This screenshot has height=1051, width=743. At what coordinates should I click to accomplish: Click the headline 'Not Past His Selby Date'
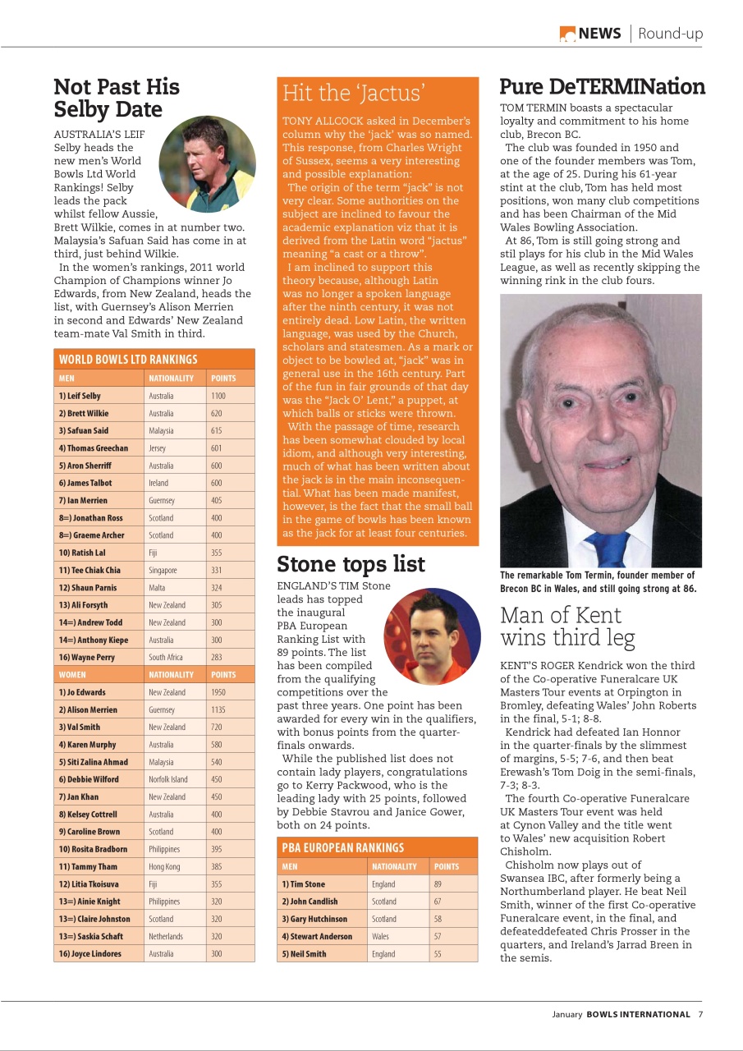pos(116,98)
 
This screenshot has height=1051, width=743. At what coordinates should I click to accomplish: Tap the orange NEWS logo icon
pos(567,34)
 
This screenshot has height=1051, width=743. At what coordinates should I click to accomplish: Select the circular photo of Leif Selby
pos(207,164)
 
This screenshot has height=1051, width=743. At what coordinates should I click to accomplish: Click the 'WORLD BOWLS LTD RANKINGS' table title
pos(128,360)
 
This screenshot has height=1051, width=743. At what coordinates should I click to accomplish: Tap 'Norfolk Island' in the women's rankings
pos(168,779)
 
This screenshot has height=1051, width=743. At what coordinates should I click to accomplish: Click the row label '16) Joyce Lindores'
pos(89,953)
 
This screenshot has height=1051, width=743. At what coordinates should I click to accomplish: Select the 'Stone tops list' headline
pos(351,564)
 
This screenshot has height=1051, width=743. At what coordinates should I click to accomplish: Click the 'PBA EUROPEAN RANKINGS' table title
pos(342,847)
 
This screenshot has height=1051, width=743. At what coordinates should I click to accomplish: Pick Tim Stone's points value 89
pos(438,884)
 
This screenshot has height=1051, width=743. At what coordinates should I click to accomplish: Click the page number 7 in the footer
pos(700,1014)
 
